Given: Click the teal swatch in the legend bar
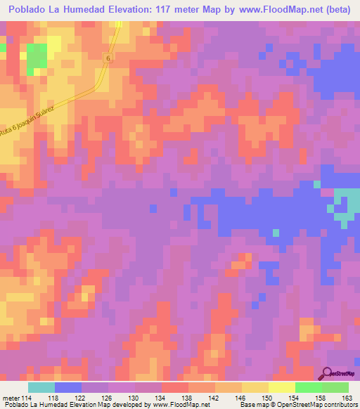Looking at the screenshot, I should pyautogui.click(x=41, y=387).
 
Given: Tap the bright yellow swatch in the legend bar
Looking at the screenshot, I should pyautogui.click(x=281, y=387).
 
